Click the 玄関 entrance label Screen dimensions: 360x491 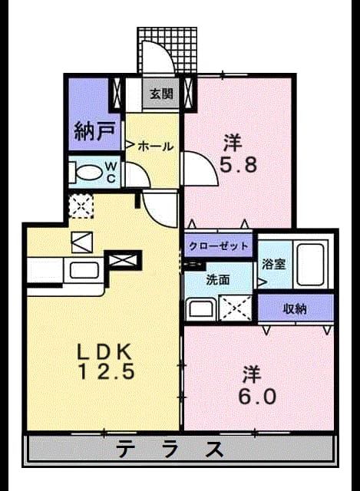click(161, 94)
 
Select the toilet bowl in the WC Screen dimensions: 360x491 click(89, 173)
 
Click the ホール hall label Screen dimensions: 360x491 click(155, 146)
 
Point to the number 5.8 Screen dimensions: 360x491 click(238, 164)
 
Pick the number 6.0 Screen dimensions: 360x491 click(257, 397)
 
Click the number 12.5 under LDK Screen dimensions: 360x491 click(106, 371)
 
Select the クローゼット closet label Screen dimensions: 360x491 click(218, 245)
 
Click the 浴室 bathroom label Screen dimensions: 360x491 click(273, 265)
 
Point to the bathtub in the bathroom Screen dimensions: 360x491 click(310, 265)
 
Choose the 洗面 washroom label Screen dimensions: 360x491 click(218, 280)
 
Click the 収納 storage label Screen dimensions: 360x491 click(295, 309)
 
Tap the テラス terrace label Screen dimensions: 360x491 click(171, 449)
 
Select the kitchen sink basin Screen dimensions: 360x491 click(84, 270)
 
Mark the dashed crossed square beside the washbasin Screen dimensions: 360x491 click(236, 308)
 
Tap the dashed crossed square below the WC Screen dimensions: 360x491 click(81, 206)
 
